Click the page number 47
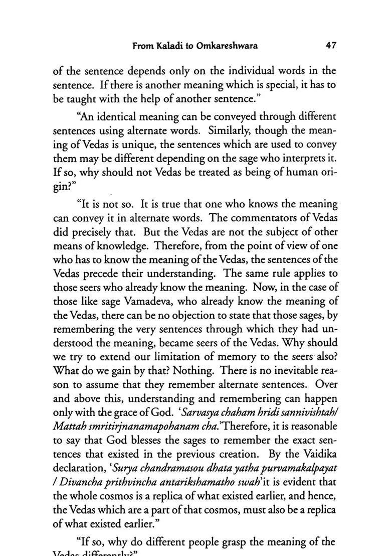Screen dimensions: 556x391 point(330,45)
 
